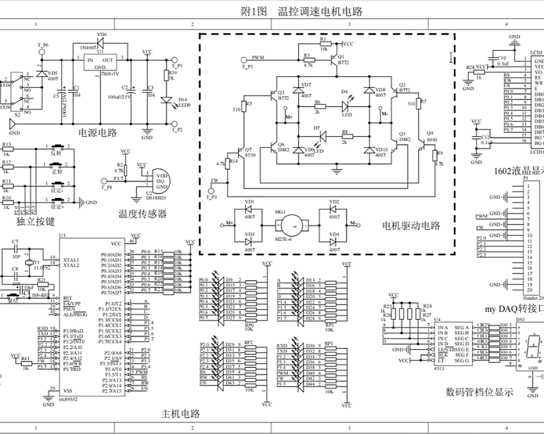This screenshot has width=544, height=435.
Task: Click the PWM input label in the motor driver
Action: [258, 57]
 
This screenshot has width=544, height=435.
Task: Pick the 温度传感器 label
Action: [142, 214]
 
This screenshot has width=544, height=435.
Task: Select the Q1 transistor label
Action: [341, 57]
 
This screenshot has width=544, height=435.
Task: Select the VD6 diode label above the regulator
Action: [102, 35]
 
